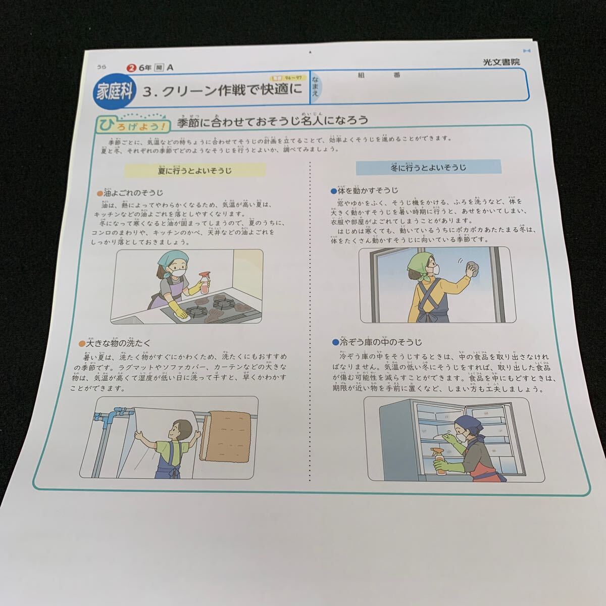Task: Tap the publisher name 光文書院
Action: click(x=500, y=62)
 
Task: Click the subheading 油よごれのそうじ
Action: click(x=131, y=192)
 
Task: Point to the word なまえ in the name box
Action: click(x=315, y=86)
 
